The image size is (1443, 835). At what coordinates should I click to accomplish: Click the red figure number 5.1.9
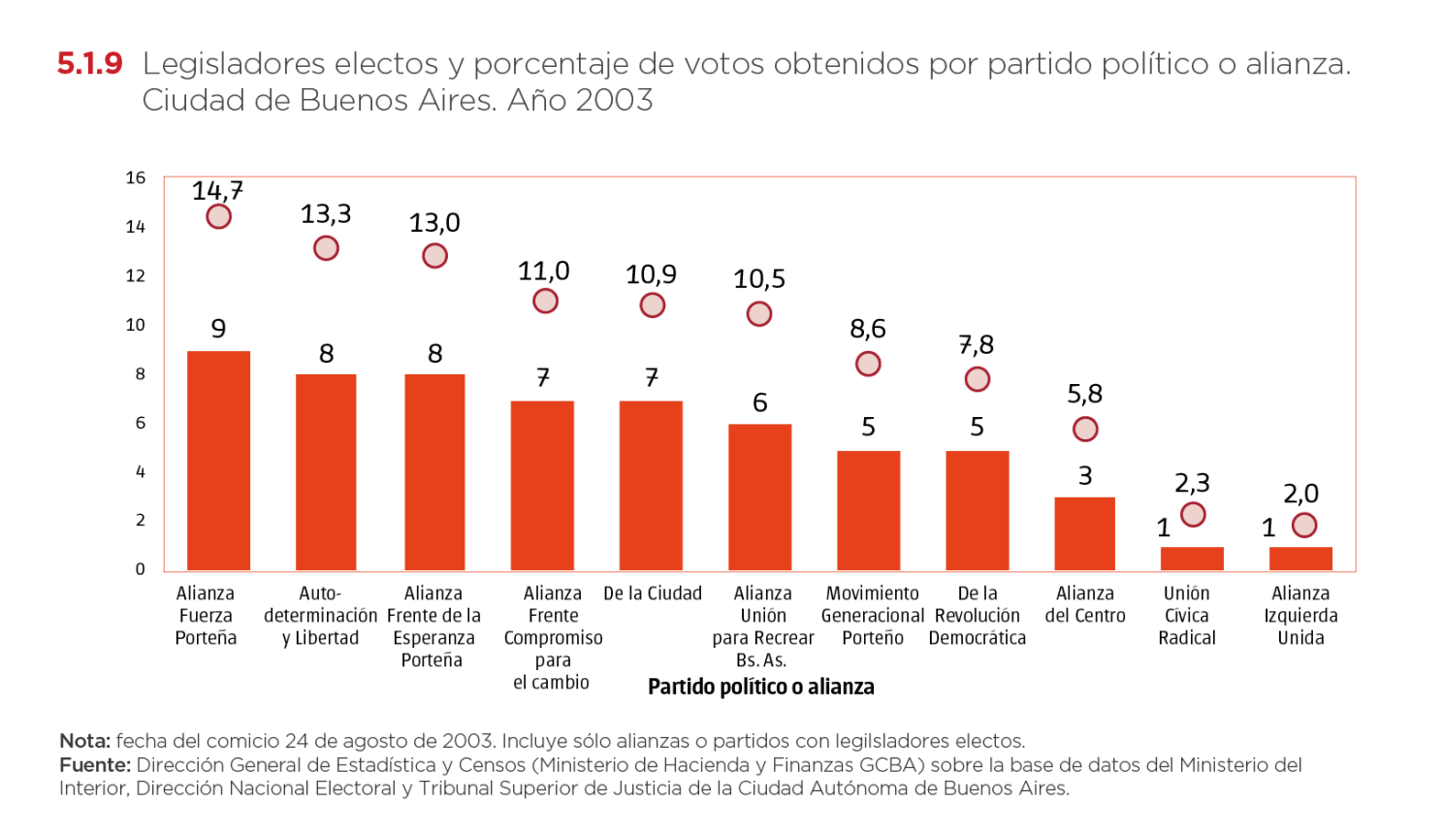tap(89, 65)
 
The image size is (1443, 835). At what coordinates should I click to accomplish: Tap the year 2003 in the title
tap(613, 100)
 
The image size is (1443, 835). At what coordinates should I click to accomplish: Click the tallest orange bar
tap(218, 461)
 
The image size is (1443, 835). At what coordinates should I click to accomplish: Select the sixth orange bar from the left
tap(759, 498)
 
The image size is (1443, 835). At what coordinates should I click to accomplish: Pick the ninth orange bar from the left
tap(1084, 533)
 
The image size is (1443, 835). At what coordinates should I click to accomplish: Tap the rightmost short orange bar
tap(1300, 559)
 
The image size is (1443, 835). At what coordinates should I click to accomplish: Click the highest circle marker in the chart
tap(219, 216)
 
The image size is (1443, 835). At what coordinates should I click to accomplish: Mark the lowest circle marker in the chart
tap(1304, 526)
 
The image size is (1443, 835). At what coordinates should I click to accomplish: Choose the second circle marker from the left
tap(326, 248)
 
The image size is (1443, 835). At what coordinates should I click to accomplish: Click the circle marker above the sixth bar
tap(759, 314)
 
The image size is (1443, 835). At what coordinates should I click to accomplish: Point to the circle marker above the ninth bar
tap(1085, 429)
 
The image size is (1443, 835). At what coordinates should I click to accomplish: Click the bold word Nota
tap(83, 741)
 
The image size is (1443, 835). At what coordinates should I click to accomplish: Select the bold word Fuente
tap(93, 765)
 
